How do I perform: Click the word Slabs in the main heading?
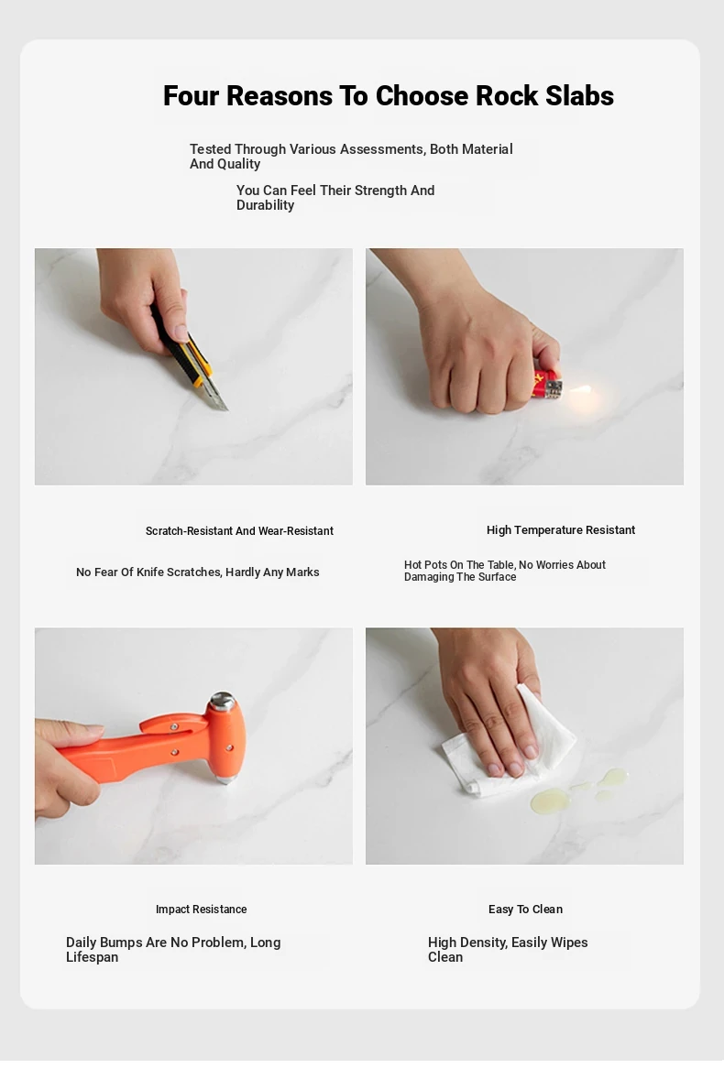579,96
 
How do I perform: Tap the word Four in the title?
191,96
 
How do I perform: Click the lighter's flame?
580,389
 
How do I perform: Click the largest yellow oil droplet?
550,801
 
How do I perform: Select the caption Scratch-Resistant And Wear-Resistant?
239,531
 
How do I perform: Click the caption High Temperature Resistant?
560,530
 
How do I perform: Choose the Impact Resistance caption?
201,910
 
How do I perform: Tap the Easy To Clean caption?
526,910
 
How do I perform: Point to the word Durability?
265,205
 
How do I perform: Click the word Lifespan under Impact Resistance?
92,957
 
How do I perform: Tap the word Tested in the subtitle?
210,149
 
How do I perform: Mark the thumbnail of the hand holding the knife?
193,366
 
